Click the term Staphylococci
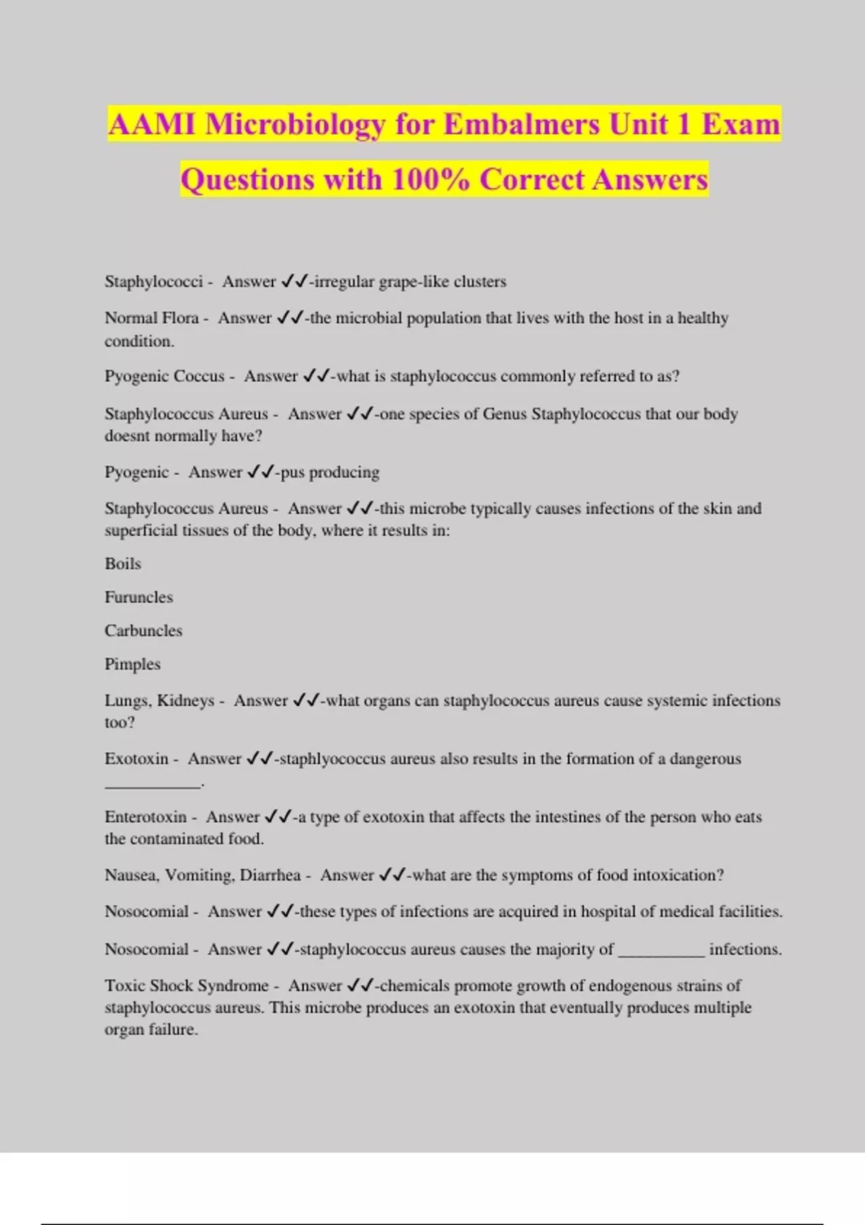coord(154,282)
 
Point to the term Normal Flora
coord(151,318)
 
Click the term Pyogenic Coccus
coord(164,376)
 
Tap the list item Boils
coord(123,563)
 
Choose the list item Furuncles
coord(138,597)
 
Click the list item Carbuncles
coord(143,631)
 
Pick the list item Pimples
coord(133,664)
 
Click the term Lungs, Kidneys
coord(159,700)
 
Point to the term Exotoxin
coord(136,759)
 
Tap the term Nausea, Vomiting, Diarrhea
coord(203,876)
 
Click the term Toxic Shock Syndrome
coord(187,986)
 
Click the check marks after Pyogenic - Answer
coord(260,473)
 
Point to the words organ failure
coord(151,1030)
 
